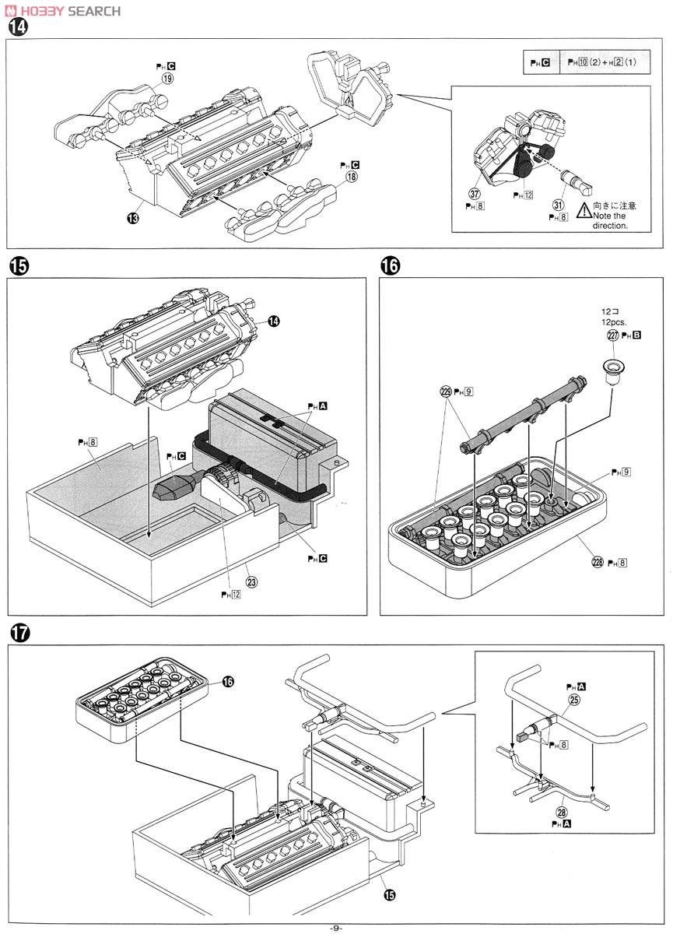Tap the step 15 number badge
(x=17, y=266)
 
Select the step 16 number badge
(x=389, y=266)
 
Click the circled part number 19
(x=167, y=79)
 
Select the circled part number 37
(x=474, y=193)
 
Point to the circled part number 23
(x=251, y=580)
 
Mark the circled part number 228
(x=598, y=562)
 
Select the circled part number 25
(x=575, y=700)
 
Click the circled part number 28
(x=562, y=813)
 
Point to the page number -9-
(x=336, y=927)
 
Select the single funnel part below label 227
(x=614, y=369)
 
